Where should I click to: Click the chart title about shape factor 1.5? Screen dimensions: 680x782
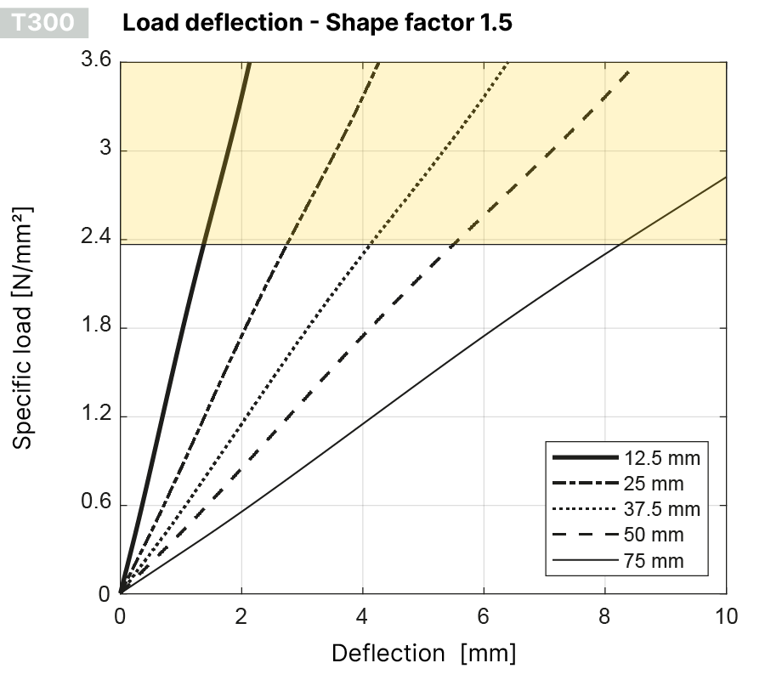317,22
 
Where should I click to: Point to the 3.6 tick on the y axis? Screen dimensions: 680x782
99,61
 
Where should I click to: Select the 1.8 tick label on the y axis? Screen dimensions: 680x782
99,327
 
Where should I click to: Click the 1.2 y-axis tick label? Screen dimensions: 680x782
99,416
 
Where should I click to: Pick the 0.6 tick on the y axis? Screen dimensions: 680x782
98,505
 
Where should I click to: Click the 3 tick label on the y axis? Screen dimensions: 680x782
105,150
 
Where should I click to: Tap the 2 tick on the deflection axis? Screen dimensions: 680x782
241,615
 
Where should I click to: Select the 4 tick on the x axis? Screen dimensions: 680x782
362,615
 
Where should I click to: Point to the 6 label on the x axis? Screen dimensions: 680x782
484,615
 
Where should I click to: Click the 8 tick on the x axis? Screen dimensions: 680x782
605,615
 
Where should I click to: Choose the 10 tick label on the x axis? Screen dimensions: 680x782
726,615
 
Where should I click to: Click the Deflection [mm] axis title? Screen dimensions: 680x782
423,654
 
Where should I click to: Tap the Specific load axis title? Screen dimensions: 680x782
25,327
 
